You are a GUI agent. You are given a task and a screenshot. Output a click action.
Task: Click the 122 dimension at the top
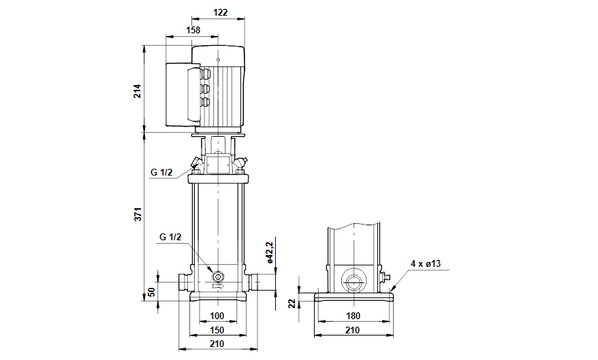219,12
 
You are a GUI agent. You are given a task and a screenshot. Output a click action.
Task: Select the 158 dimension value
193,31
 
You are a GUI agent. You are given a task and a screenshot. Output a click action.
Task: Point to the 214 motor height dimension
136,91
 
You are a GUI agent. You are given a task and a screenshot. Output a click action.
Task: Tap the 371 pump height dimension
136,214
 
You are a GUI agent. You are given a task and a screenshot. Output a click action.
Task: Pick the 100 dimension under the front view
217,316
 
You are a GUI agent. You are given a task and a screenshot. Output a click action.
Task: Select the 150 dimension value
217,329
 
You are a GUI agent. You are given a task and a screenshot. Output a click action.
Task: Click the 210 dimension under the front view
217,344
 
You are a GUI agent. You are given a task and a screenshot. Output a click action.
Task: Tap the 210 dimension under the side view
353,330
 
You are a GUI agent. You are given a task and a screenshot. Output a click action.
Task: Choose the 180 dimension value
353,316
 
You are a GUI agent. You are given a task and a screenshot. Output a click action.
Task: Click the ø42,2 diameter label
270,252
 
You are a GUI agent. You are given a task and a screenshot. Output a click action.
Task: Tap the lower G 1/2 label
170,237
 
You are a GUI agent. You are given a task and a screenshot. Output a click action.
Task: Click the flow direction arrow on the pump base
218,288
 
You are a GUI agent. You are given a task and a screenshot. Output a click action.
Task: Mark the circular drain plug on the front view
218,276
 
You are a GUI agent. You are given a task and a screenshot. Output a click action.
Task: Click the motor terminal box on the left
180,96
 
